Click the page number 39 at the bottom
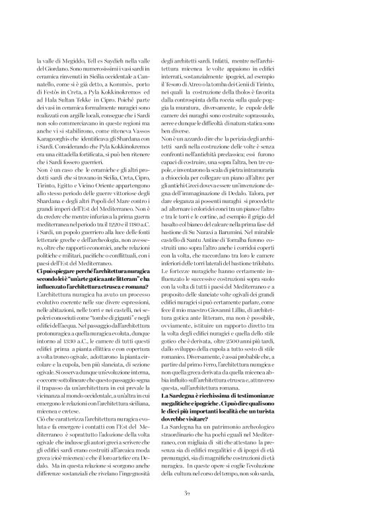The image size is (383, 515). tap(191, 491)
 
